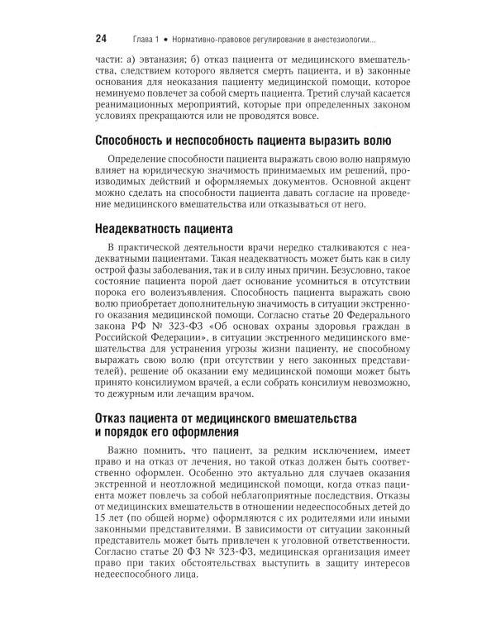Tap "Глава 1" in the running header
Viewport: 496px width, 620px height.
(146, 39)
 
